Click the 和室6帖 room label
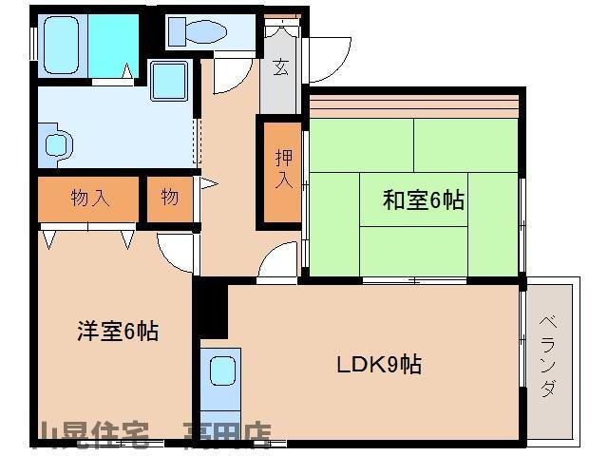click(x=423, y=200)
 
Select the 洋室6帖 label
click(x=117, y=332)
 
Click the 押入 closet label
click(x=282, y=170)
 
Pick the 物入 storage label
click(x=90, y=199)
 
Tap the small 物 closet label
click(x=169, y=198)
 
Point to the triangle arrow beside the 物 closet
click(x=207, y=182)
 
